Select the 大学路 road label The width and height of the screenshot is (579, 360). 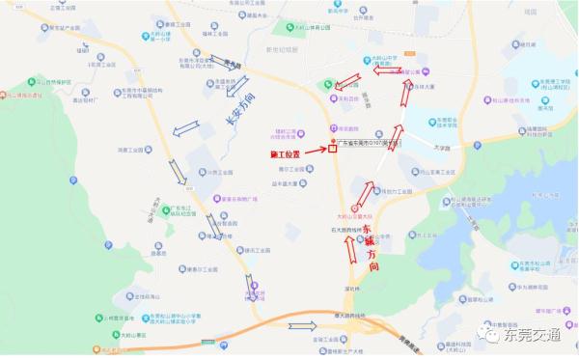tap(441, 148)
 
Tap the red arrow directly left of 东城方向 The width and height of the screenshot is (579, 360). tap(350, 249)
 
